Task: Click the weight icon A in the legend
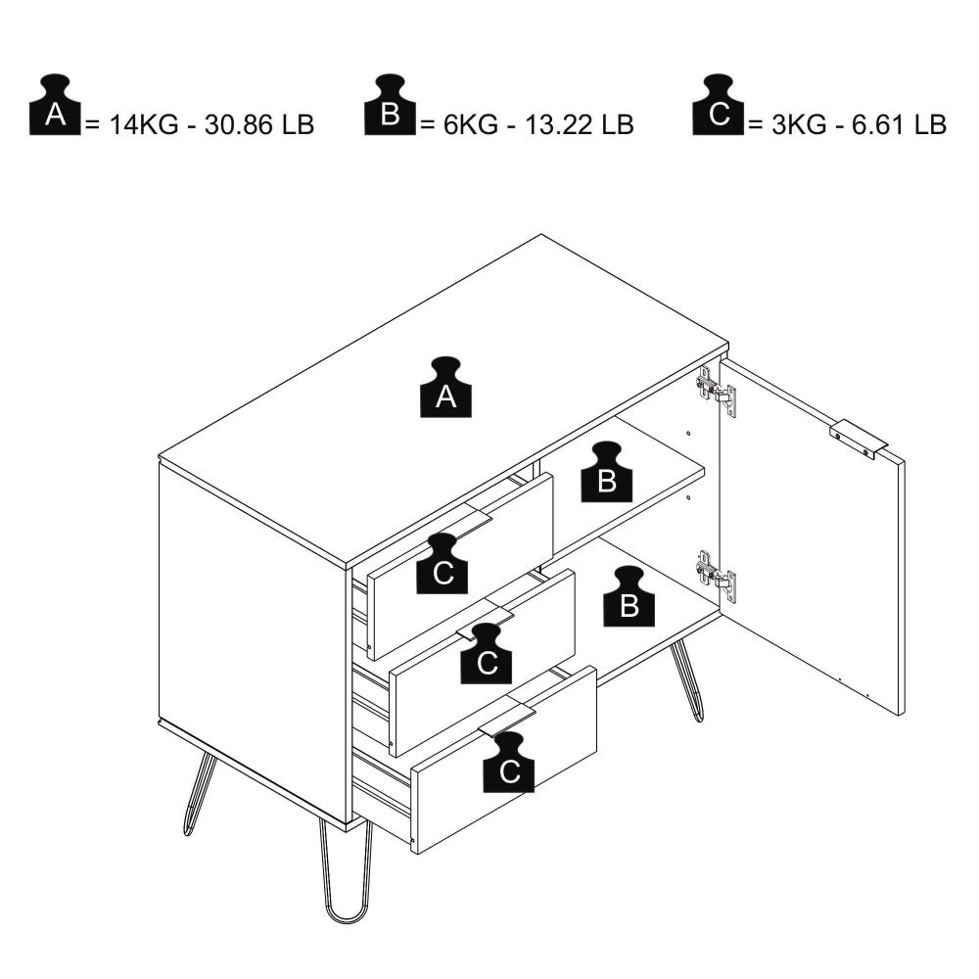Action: tap(55, 105)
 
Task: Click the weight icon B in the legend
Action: tap(390, 105)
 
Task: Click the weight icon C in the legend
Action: tap(718, 105)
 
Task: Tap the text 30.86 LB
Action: tap(259, 125)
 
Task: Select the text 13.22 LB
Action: tap(579, 125)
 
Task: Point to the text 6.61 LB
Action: tap(899, 125)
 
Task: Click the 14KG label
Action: tap(144, 125)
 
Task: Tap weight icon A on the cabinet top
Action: tap(445, 387)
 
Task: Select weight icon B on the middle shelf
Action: tap(607, 472)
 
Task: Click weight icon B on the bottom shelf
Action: tap(629, 596)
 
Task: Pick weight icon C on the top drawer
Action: tap(443, 563)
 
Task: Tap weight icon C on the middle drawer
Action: tap(487, 653)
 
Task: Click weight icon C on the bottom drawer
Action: tap(509, 763)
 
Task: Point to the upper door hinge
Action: tap(717, 392)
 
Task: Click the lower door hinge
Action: tap(717, 577)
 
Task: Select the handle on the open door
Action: tap(860, 440)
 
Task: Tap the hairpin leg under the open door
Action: tap(687, 680)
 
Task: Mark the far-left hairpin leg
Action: tap(199, 793)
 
